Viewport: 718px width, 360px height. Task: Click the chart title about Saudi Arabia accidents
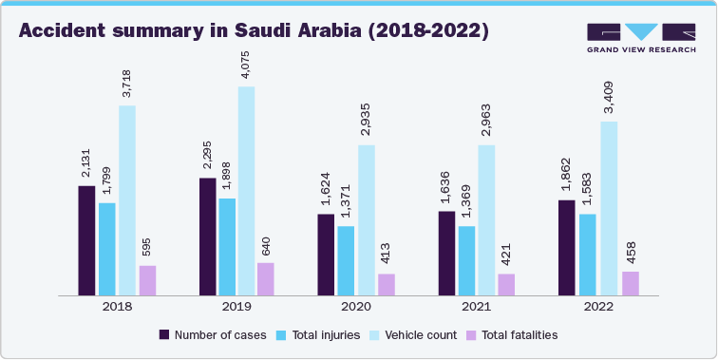pyautogui.click(x=254, y=30)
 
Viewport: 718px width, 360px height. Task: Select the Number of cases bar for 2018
pyautogui.click(x=86, y=240)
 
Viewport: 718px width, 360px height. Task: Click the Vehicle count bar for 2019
pyautogui.click(x=247, y=191)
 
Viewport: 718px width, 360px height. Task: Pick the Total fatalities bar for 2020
pyautogui.click(x=386, y=285)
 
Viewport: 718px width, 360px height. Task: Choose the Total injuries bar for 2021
pyautogui.click(x=466, y=260)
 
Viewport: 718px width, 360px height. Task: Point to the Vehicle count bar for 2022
pyautogui.click(x=609, y=208)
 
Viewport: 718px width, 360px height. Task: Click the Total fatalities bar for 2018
pyautogui.click(x=147, y=280)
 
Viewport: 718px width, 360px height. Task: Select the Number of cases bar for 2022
pyautogui.click(x=567, y=248)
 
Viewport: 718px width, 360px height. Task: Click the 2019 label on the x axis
pyautogui.click(x=236, y=308)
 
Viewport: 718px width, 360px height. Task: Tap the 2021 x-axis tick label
pyautogui.click(x=476, y=308)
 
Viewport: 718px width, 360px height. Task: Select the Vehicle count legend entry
pyautogui.click(x=414, y=334)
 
